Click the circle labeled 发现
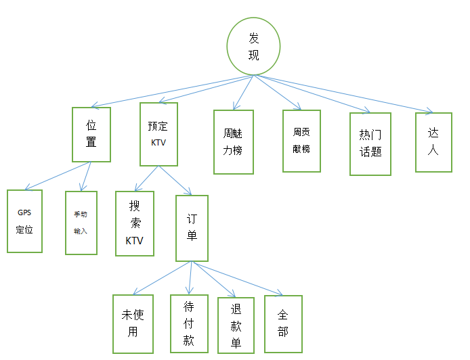click(253, 45)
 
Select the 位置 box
click(91, 134)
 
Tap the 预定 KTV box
click(158, 134)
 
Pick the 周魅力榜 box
click(233, 142)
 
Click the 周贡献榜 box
click(301, 140)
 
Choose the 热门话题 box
click(370, 143)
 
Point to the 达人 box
click(433, 141)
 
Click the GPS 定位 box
click(24, 221)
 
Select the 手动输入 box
click(81, 222)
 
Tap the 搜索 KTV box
click(135, 223)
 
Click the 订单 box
click(192, 228)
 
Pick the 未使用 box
click(133, 324)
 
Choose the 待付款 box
click(189, 323)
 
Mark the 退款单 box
click(236, 325)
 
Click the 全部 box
click(283, 323)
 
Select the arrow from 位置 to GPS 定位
click(58, 176)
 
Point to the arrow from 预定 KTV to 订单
click(175, 181)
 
